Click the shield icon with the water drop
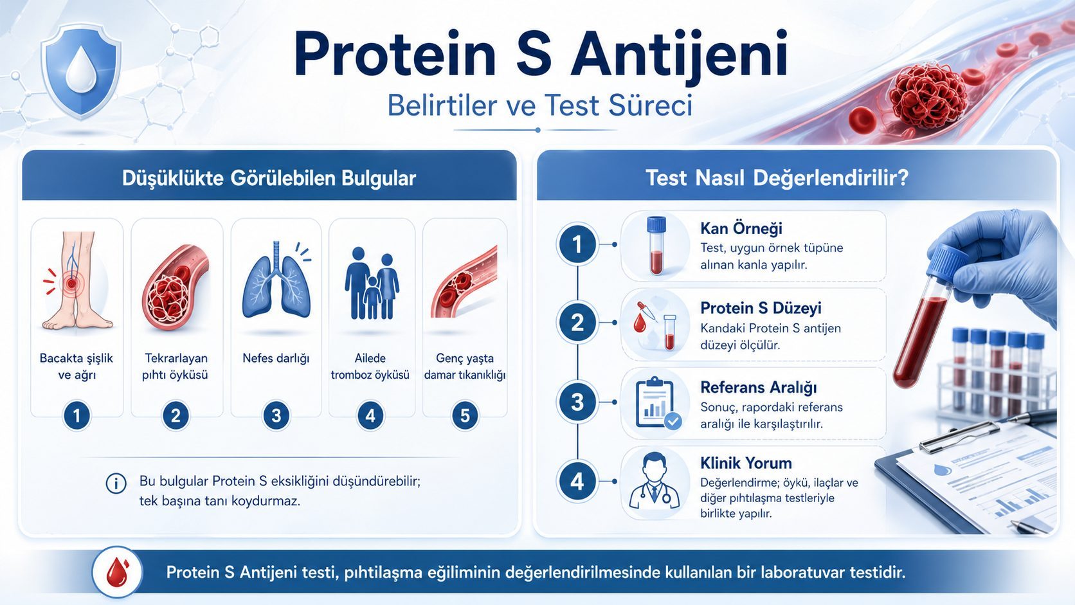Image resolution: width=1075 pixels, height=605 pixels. (x=81, y=71)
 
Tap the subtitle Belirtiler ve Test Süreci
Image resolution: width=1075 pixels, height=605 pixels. (x=539, y=105)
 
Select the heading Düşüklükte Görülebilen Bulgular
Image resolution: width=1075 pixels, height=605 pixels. (x=269, y=178)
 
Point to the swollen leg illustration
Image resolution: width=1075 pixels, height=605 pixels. (x=76, y=281)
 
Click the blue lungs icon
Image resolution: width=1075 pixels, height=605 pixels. (x=276, y=282)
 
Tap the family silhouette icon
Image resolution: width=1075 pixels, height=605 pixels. (x=371, y=284)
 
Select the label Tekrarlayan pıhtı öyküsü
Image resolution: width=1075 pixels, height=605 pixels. (x=176, y=366)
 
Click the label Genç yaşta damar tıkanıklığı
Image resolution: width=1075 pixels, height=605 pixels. (x=464, y=366)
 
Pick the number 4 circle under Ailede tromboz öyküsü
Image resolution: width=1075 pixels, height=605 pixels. (x=370, y=416)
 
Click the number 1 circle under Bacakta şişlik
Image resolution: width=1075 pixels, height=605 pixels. (x=77, y=416)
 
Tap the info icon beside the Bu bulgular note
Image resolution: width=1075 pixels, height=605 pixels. (x=116, y=483)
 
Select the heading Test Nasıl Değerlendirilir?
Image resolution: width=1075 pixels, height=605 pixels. (x=777, y=178)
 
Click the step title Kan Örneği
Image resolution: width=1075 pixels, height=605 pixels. (x=741, y=228)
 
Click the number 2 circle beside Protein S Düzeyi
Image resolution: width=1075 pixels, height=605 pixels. (x=577, y=323)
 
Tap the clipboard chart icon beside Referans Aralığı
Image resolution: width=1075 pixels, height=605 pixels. (x=656, y=403)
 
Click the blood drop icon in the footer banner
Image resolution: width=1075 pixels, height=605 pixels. (x=117, y=572)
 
